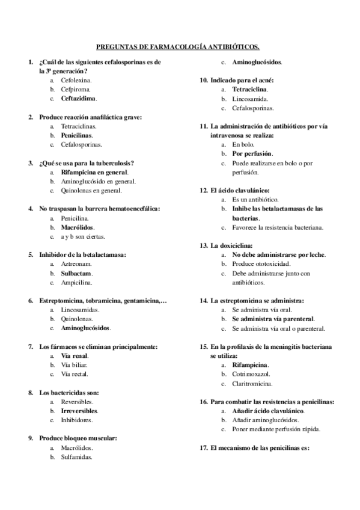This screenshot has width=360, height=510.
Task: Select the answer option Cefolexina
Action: click(76, 79)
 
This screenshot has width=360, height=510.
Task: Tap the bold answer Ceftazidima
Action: click(79, 97)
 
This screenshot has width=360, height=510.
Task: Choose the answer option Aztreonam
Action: click(76, 263)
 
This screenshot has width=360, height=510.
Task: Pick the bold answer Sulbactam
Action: click(76, 273)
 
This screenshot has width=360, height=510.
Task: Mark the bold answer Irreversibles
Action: click(79, 411)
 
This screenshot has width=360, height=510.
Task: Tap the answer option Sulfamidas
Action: click(77, 457)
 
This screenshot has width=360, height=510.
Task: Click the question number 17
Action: click(203, 448)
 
